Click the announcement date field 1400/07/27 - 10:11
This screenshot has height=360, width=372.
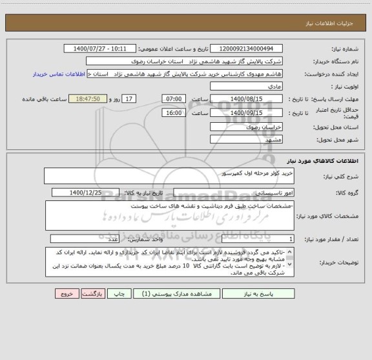(x=101, y=49)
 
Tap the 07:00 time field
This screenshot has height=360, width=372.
(x=172, y=98)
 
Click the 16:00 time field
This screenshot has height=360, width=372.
(x=172, y=112)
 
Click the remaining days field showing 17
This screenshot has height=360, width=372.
(x=129, y=98)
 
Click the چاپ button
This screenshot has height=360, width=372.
(x=119, y=293)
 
